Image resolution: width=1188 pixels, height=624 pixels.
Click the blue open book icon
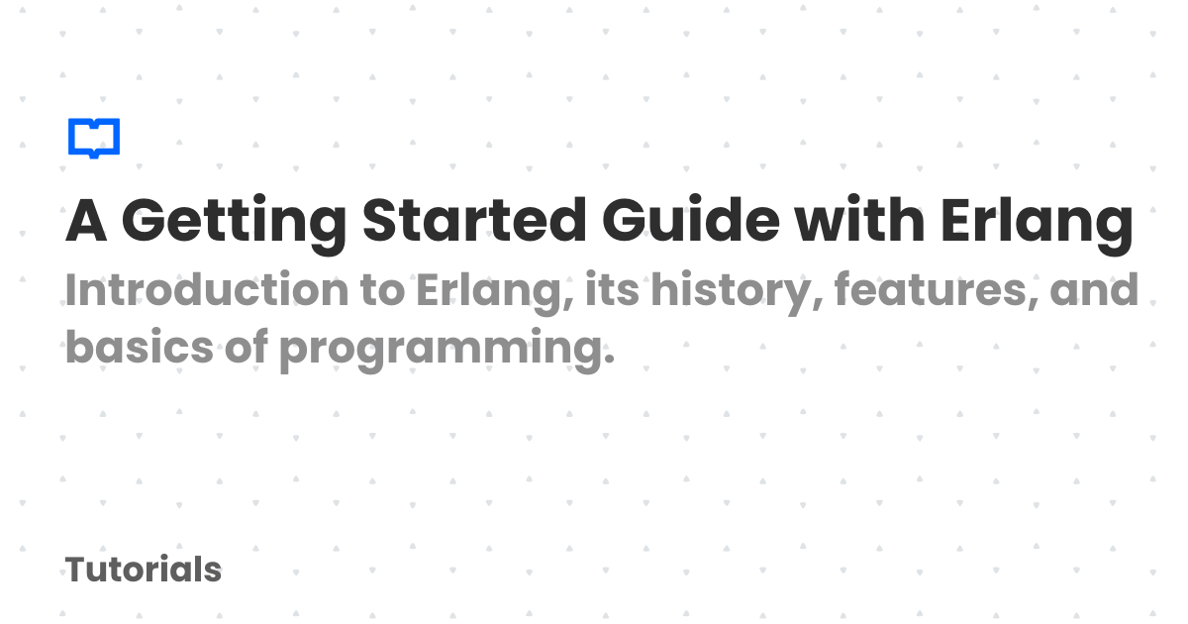coord(94,138)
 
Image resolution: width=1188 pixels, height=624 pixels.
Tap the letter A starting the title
coord(86,220)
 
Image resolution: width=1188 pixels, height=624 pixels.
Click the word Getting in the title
coord(234,224)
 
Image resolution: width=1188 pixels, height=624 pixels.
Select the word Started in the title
coord(474,220)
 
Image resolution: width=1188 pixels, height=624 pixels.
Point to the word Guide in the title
coord(691,220)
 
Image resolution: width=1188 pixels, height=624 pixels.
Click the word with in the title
coord(859,219)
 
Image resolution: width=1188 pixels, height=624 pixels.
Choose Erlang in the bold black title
coord(1037,224)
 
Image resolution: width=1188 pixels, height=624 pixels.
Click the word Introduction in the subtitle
coord(207,289)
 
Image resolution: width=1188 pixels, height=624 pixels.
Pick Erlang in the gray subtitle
coord(495,293)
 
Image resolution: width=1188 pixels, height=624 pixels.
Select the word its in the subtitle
coord(612,289)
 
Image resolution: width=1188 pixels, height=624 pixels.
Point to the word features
coord(931,289)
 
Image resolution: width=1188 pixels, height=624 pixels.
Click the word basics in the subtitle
coord(140,346)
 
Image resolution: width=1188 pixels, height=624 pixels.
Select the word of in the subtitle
coord(247,346)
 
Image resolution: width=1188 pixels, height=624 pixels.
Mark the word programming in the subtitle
coord(440,351)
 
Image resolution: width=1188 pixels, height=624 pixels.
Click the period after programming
coord(609,360)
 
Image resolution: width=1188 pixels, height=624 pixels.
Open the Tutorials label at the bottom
coord(144,570)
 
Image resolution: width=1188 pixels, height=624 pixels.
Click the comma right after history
coord(818,306)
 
